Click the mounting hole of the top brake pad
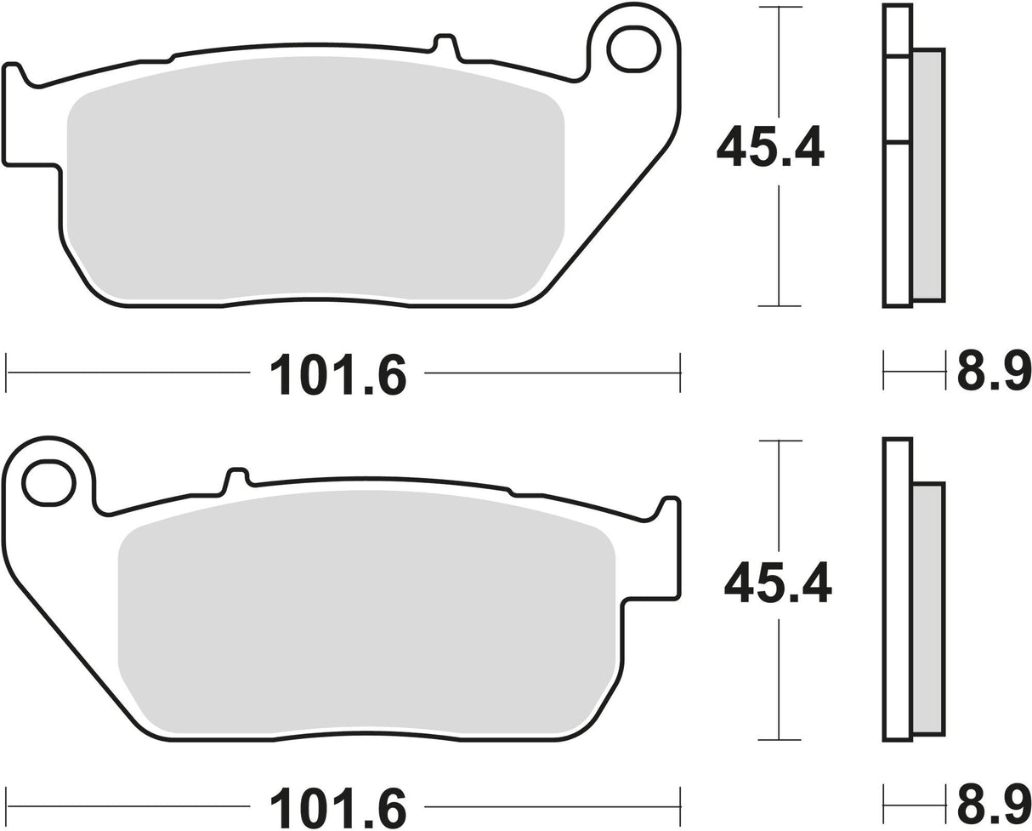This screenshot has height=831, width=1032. tap(634, 48)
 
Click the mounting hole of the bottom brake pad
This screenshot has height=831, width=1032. tap(49, 483)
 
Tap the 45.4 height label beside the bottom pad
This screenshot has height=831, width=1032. tap(777, 582)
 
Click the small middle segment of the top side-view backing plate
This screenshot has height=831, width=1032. tap(898, 99)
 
